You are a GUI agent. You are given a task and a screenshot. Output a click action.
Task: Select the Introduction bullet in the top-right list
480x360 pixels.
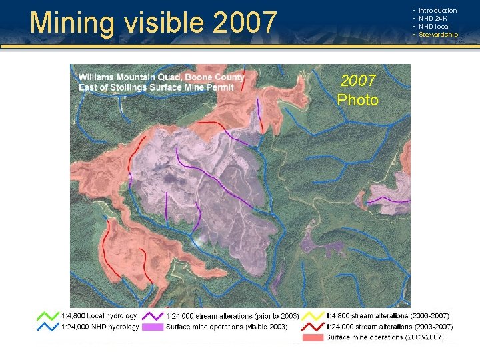437,11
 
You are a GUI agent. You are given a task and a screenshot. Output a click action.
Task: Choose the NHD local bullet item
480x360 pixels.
434,27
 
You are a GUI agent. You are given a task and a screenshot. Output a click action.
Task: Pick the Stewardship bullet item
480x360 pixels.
438,35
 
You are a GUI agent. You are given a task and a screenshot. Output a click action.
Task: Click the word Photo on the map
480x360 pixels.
357,100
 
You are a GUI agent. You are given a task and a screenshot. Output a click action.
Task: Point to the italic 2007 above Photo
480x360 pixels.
358,81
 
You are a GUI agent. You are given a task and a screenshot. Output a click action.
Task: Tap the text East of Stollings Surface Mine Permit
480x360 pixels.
156,87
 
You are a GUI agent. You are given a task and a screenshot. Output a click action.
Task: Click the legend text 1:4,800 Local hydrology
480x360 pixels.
99,315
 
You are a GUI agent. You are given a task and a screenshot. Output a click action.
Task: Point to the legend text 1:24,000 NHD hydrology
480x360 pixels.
100,327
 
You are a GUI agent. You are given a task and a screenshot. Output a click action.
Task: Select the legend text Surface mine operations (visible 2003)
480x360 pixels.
227,327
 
